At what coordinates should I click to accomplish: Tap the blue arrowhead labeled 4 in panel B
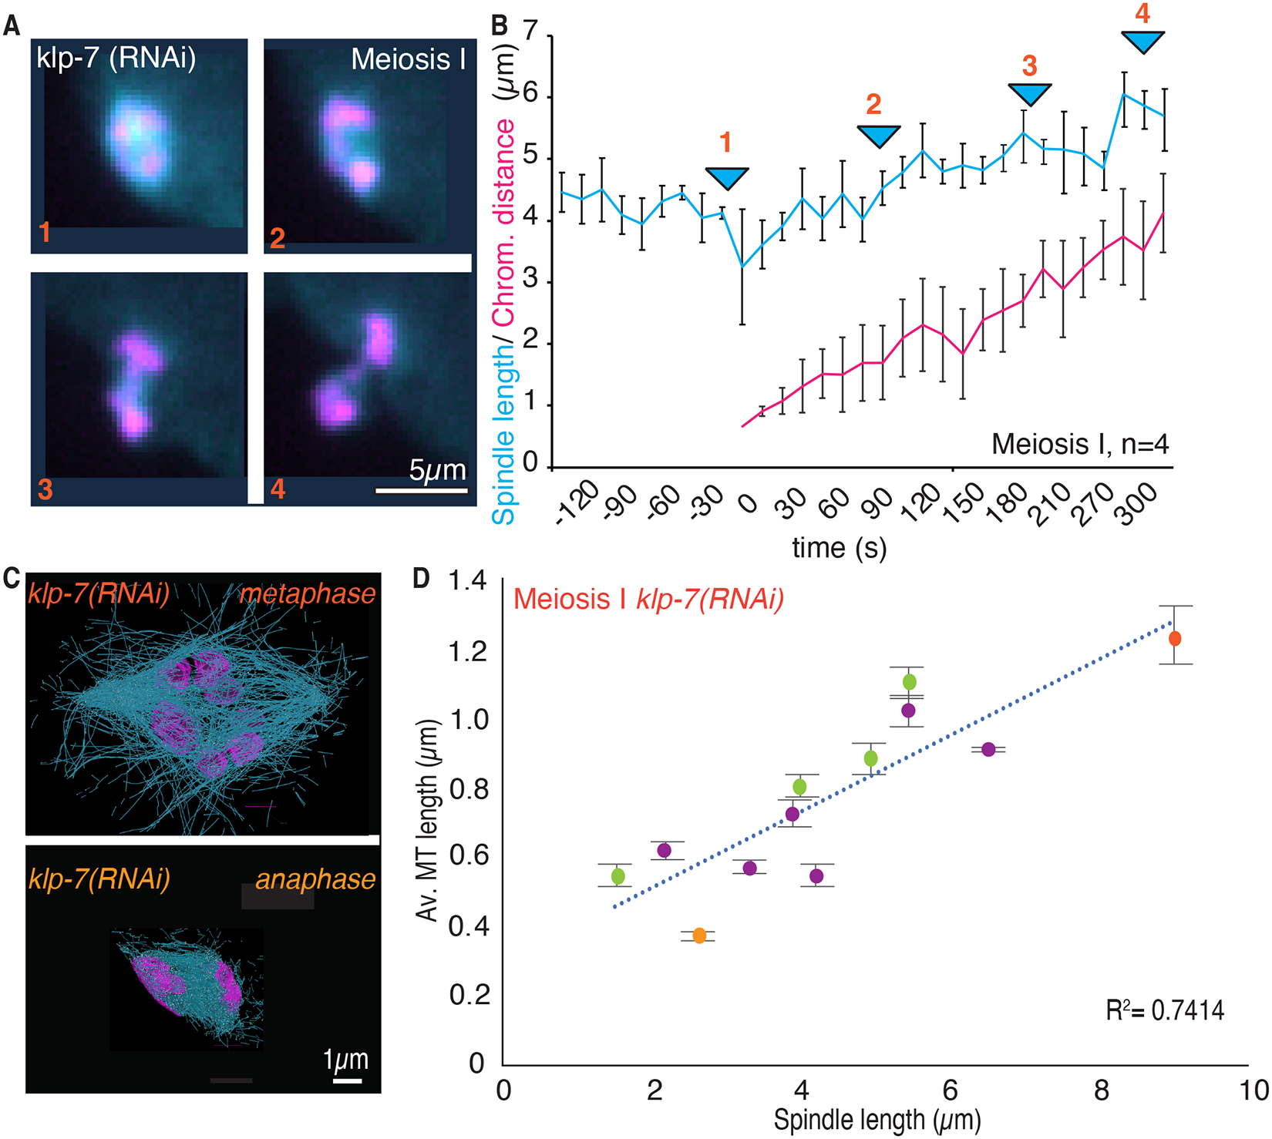pos(1142,42)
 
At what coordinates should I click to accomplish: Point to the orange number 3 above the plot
pos(1030,66)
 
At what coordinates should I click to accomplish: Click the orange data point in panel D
pos(699,936)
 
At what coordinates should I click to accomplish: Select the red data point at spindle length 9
pos(1175,638)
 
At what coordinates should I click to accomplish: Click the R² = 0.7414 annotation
pos(1165,1010)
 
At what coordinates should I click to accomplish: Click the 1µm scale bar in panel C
pos(348,1080)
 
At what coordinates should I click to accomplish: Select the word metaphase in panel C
pos(308,594)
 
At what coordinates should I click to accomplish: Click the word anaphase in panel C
pos(315,879)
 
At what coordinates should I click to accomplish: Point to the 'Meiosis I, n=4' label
pos(1080,445)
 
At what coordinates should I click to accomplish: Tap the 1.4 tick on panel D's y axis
pos(467,580)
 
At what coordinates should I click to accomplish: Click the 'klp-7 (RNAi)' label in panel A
pos(116,59)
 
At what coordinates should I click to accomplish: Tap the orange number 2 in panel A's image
pos(278,237)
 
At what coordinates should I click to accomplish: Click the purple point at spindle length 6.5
pos(988,749)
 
